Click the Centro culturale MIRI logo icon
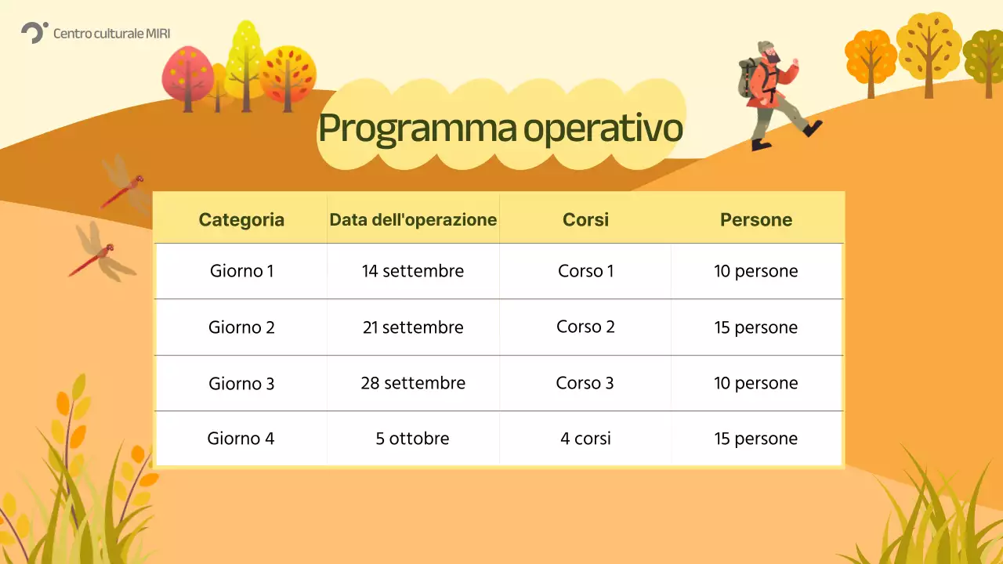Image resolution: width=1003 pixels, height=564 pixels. click(34, 32)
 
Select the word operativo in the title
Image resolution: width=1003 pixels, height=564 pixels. click(603, 128)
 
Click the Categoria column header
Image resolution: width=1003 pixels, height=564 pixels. click(241, 219)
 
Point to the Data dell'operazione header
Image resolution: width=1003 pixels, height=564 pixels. click(413, 219)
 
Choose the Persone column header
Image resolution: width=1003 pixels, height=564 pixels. click(756, 219)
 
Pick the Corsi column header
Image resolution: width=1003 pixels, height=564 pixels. click(585, 219)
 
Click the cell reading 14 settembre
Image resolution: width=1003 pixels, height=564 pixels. click(413, 271)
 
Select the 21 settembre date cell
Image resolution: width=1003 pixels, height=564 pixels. click(413, 327)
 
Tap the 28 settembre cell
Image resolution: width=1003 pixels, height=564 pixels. click(413, 383)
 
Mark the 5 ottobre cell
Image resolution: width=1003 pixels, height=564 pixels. click(413, 439)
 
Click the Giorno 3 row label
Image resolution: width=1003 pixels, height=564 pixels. click(241, 383)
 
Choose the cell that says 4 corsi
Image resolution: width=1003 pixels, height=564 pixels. click(585, 439)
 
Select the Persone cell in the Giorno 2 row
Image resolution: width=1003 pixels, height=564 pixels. click(756, 327)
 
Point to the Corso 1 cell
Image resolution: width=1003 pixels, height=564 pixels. click(585, 271)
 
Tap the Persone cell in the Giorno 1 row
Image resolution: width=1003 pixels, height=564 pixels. click(756, 271)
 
